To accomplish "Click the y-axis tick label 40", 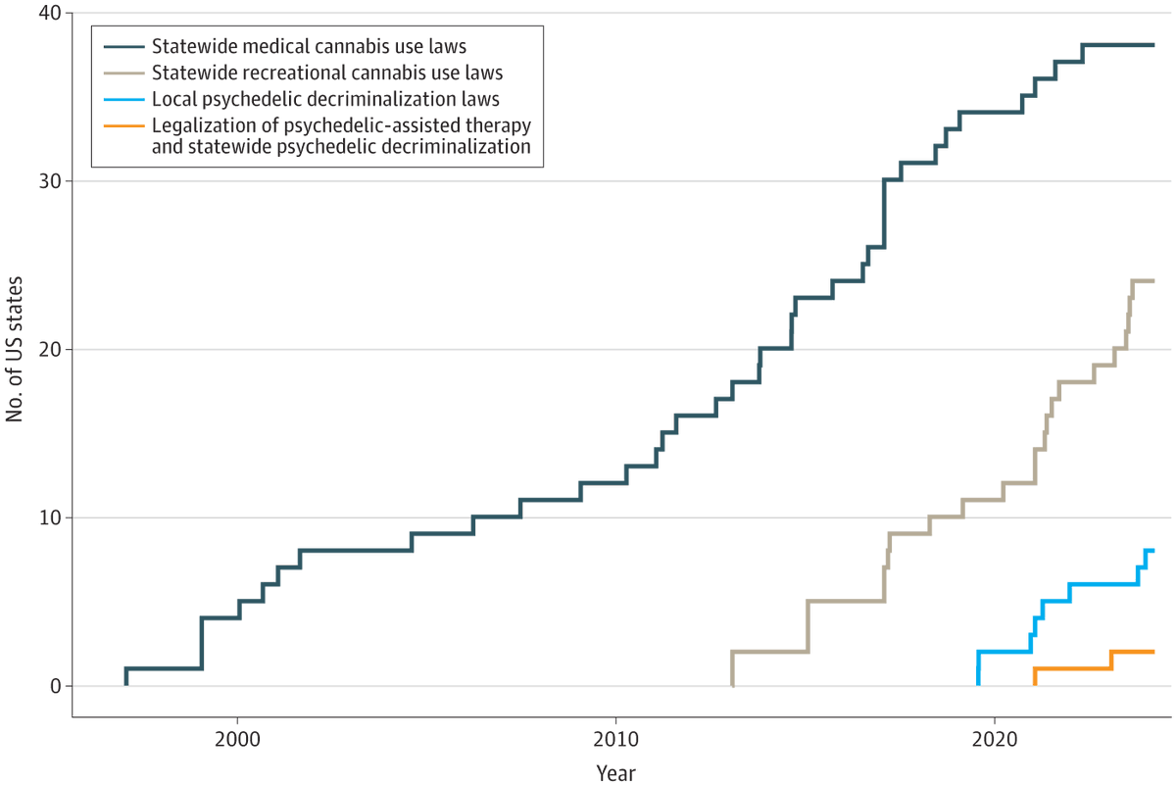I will pos(49,14).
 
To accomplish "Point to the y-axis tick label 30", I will pos(49,181).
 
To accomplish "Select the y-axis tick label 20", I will pos(49,350).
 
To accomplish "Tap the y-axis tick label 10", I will pos(49,517).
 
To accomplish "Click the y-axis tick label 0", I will pos(55,686).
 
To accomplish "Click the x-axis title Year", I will pos(616,772).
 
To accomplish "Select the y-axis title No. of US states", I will pos(16,350).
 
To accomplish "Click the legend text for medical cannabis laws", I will pos(309,46).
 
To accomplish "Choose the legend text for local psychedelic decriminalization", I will pos(326,99).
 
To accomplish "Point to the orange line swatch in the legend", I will pos(122,125).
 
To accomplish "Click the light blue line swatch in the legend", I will pos(122,99).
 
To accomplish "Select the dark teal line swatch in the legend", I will pos(122,46).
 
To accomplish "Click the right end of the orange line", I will pos(1153,652).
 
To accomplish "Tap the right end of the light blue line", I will pos(1153,551).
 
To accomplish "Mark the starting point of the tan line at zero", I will pos(732,685).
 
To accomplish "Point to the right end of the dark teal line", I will pos(1153,45).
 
